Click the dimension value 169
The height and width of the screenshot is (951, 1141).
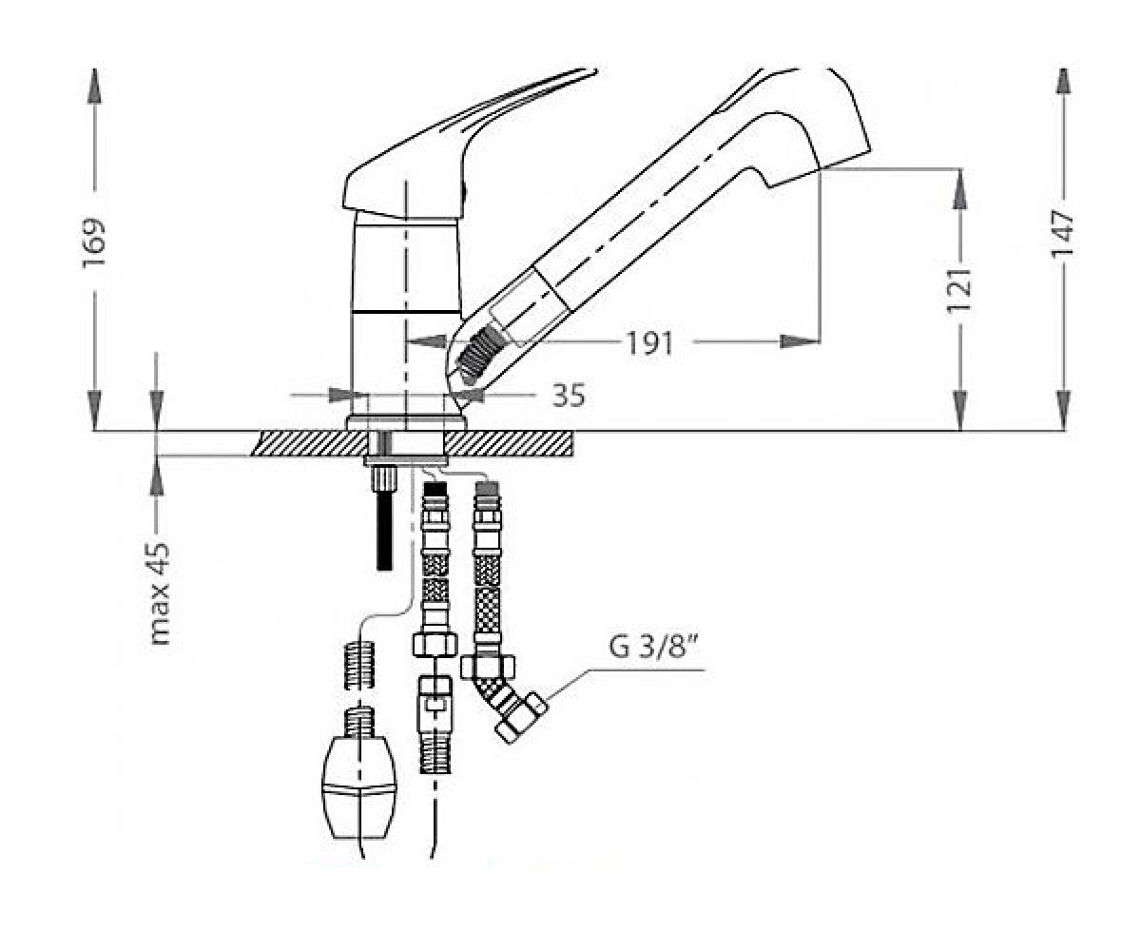[x=93, y=243]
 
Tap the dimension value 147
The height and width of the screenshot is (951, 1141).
[x=1062, y=233]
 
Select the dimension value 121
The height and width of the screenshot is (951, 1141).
[x=959, y=290]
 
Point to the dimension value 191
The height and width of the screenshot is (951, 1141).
[x=648, y=343]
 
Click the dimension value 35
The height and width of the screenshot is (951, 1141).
[x=569, y=396]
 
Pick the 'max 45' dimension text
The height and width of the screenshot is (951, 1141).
[x=160, y=593]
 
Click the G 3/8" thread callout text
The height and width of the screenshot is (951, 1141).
[x=653, y=647]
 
